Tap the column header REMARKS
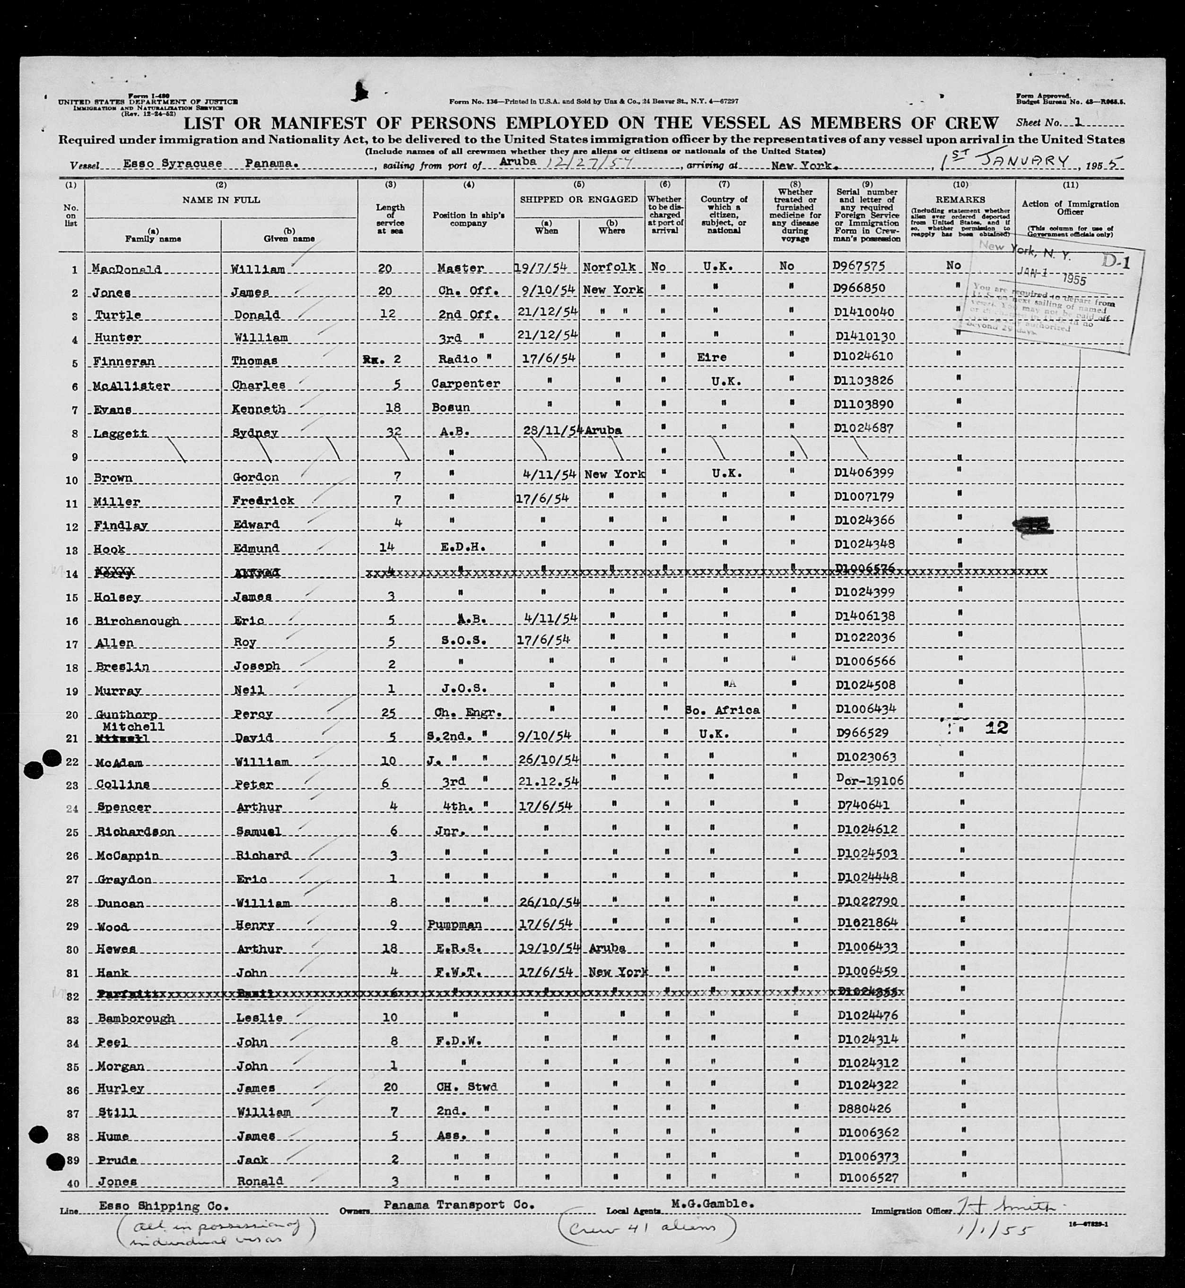960,200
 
